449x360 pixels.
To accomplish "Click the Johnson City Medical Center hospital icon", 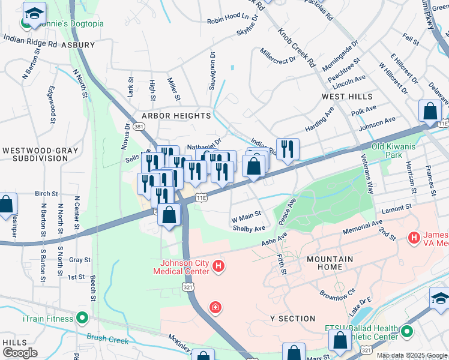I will click(x=218, y=266).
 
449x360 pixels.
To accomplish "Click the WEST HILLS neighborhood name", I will click(x=347, y=97).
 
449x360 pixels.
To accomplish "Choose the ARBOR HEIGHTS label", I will click(x=176, y=115).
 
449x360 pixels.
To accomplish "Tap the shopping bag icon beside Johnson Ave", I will click(x=430, y=110).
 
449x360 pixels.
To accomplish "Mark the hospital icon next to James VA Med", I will click(x=413, y=238).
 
